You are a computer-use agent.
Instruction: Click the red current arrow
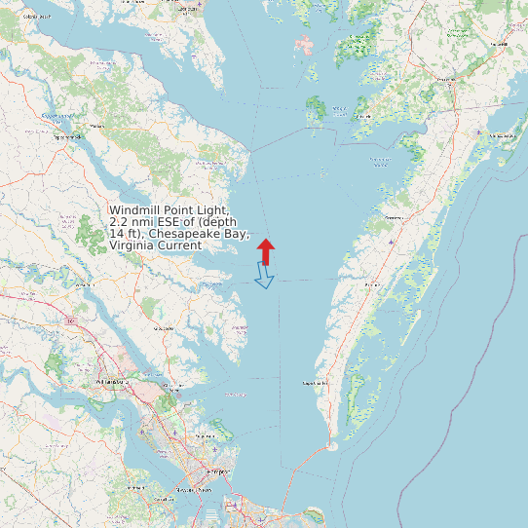266,249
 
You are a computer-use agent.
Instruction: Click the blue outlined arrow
264,277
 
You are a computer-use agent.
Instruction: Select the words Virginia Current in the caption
156,245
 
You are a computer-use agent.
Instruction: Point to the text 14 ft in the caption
123,234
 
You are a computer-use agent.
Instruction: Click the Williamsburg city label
108,382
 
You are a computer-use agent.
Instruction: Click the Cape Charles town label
315,383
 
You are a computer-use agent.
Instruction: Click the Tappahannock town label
69,136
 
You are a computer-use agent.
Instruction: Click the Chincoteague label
504,134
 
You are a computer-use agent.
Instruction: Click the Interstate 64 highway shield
71,320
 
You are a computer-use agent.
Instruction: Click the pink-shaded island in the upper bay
306,45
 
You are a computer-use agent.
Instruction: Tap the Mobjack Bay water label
237,395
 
